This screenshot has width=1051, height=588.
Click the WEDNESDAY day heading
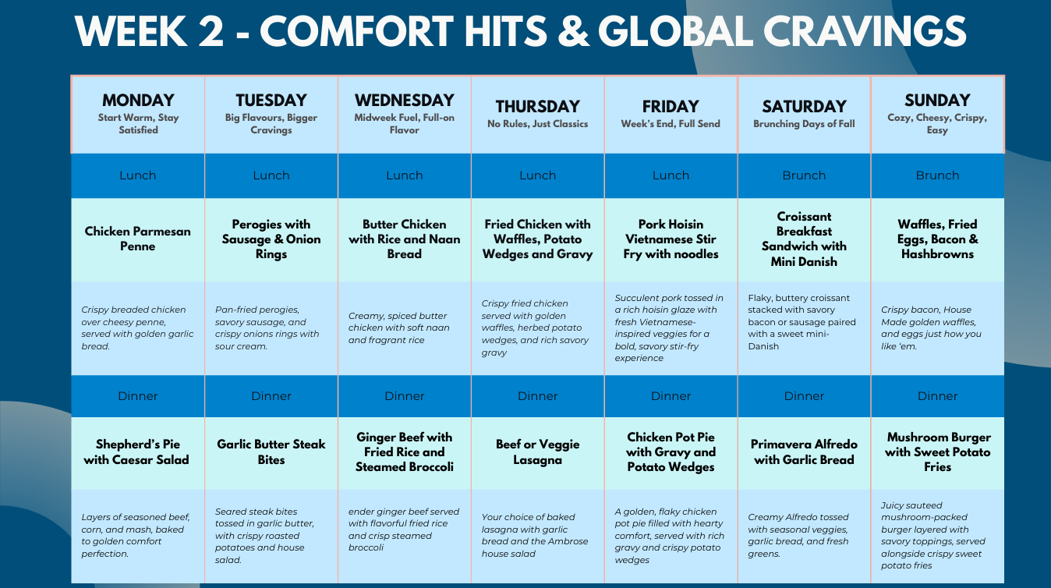coord(405,101)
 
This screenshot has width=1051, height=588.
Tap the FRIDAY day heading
coord(671,107)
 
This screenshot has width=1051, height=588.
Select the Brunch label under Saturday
coord(804,175)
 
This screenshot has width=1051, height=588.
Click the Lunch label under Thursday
coord(537,175)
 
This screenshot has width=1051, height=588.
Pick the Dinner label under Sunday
coord(937,396)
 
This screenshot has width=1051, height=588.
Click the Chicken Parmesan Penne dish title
coord(137,239)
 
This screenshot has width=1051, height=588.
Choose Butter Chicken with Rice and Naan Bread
coord(405,239)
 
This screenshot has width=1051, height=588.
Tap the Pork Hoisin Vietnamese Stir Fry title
coord(671,239)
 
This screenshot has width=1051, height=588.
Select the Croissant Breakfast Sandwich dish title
coord(804,239)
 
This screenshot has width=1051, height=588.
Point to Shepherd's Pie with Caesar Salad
coord(136,452)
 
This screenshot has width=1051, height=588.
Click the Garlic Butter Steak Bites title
coord(271,452)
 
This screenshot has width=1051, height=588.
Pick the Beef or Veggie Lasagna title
coord(538,452)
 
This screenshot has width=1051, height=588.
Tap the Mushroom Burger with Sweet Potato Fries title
coord(937,452)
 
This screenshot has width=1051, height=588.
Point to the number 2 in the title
coord(211,31)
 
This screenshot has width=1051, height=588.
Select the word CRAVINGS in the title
coord(864,31)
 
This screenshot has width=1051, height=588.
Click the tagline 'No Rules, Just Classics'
coord(537,124)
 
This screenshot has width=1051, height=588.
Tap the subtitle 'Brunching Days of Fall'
coord(804,124)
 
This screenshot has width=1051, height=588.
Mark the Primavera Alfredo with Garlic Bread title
coord(804,452)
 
